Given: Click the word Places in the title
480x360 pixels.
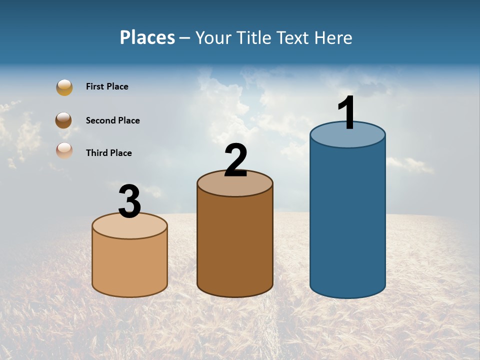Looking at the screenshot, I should tap(147, 37).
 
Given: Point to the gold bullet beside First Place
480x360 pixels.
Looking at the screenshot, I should tap(64, 87).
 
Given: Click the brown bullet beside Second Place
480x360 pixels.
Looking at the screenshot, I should tap(63, 120).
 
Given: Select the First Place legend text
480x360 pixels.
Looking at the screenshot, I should tap(107, 86).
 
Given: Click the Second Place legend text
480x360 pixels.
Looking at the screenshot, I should tap(112, 120).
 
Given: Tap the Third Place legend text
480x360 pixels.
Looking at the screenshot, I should tap(108, 153).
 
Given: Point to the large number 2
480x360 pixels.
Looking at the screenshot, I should tap(236, 160).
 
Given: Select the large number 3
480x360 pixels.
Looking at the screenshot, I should tap(129, 202).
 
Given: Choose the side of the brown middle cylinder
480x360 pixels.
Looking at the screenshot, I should tap(235, 245).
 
